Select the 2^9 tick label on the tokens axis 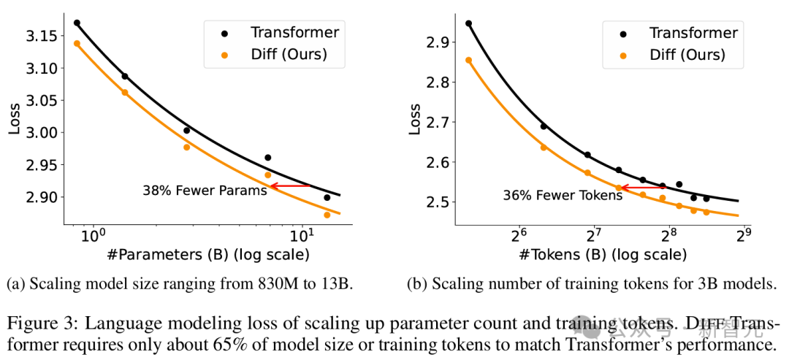point(743,236)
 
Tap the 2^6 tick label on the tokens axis point(519,236)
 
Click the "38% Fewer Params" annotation point(205,190)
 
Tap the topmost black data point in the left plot point(77,23)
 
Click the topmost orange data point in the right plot point(468,60)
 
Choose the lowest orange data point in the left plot point(327,215)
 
